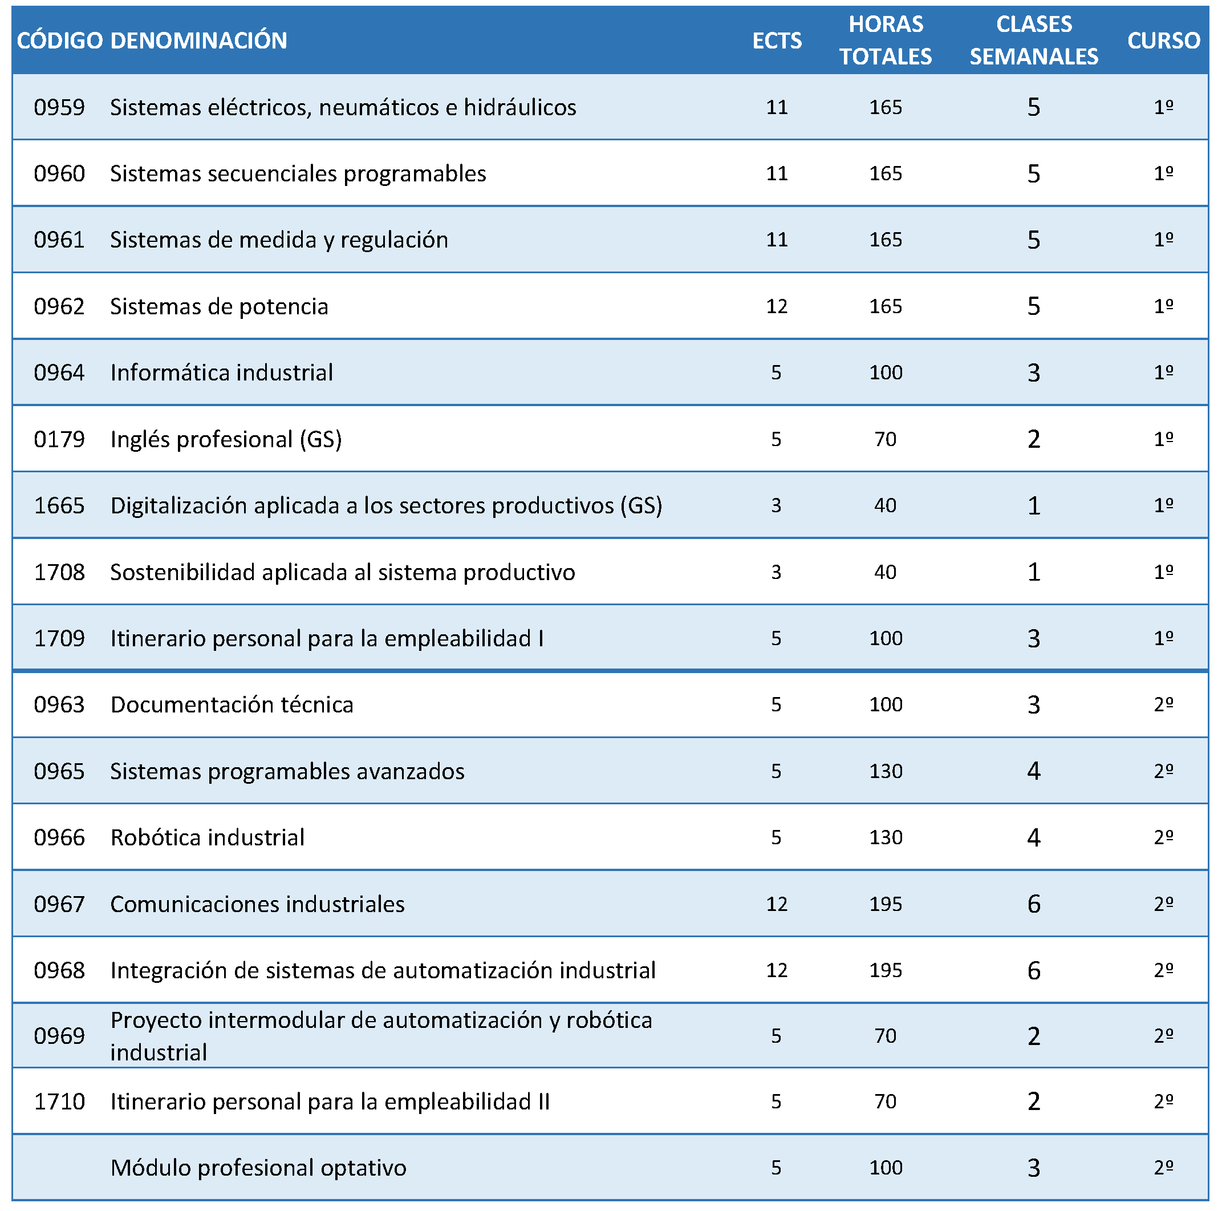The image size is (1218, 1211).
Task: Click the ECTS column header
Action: click(777, 40)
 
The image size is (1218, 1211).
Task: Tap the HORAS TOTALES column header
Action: click(885, 40)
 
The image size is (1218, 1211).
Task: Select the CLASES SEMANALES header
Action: click(1033, 40)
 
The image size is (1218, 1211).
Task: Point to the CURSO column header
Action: click(1163, 40)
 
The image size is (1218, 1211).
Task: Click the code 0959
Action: click(59, 107)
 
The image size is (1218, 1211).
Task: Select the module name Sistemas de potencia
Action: click(219, 306)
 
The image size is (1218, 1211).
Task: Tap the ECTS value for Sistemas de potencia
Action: click(777, 306)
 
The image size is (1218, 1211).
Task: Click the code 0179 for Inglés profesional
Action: click(59, 439)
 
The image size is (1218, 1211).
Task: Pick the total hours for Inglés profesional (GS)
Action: click(885, 439)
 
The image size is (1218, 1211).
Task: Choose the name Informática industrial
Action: click(221, 372)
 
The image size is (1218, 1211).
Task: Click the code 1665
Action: click(59, 505)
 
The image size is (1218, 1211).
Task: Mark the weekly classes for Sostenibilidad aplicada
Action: click(1033, 572)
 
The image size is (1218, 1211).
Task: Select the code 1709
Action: click(59, 638)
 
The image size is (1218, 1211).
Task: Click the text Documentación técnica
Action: click(232, 704)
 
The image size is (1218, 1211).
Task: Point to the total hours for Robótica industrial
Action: click(885, 837)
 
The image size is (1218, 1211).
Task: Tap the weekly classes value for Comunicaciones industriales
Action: click(1033, 904)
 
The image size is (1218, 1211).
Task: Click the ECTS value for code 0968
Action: click(777, 970)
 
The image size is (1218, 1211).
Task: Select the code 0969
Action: click(59, 1036)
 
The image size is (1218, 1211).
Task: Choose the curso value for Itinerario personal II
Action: click(1163, 1101)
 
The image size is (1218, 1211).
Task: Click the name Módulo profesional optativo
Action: click(258, 1168)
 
